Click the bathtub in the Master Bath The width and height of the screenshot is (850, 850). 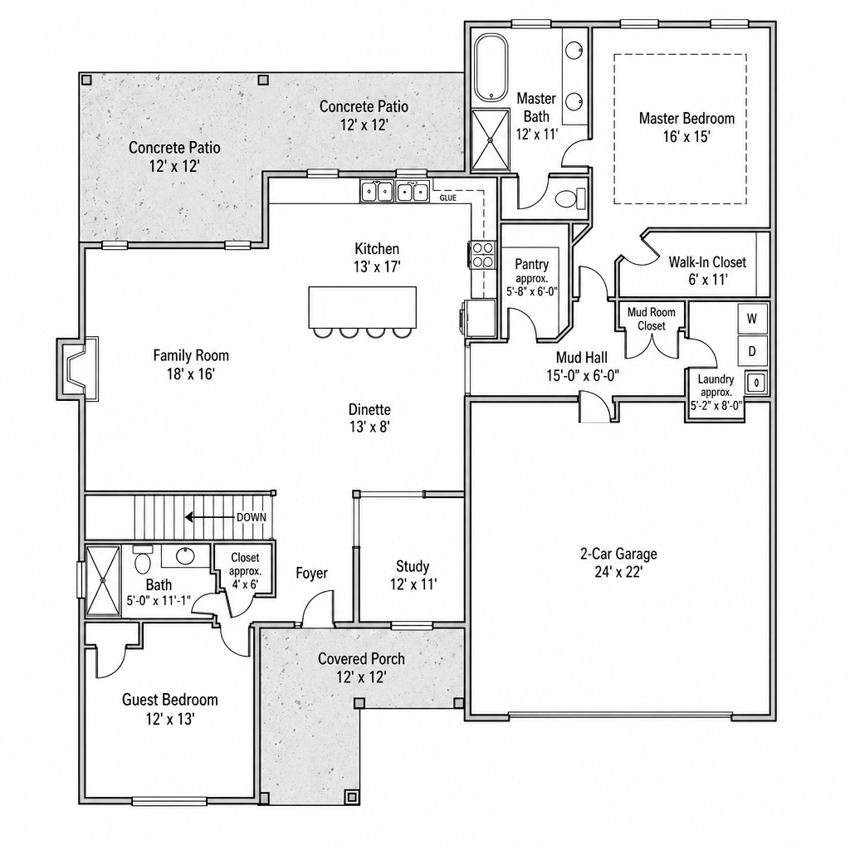click(x=491, y=68)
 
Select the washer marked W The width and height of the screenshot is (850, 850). click(x=752, y=319)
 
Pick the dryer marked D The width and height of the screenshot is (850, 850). click(x=752, y=351)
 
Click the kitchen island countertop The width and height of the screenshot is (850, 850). click(x=363, y=307)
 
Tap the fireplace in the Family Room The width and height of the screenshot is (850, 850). click(x=77, y=369)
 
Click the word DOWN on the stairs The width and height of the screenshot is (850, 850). click(x=252, y=517)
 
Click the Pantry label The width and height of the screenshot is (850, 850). click(x=532, y=264)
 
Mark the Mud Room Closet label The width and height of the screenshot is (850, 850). click(x=652, y=319)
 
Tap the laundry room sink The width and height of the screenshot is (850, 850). click(x=757, y=383)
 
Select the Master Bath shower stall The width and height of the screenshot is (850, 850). click(x=491, y=139)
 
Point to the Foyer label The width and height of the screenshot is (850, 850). click(x=312, y=573)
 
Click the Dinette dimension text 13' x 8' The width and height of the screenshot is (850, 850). click(x=369, y=427)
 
